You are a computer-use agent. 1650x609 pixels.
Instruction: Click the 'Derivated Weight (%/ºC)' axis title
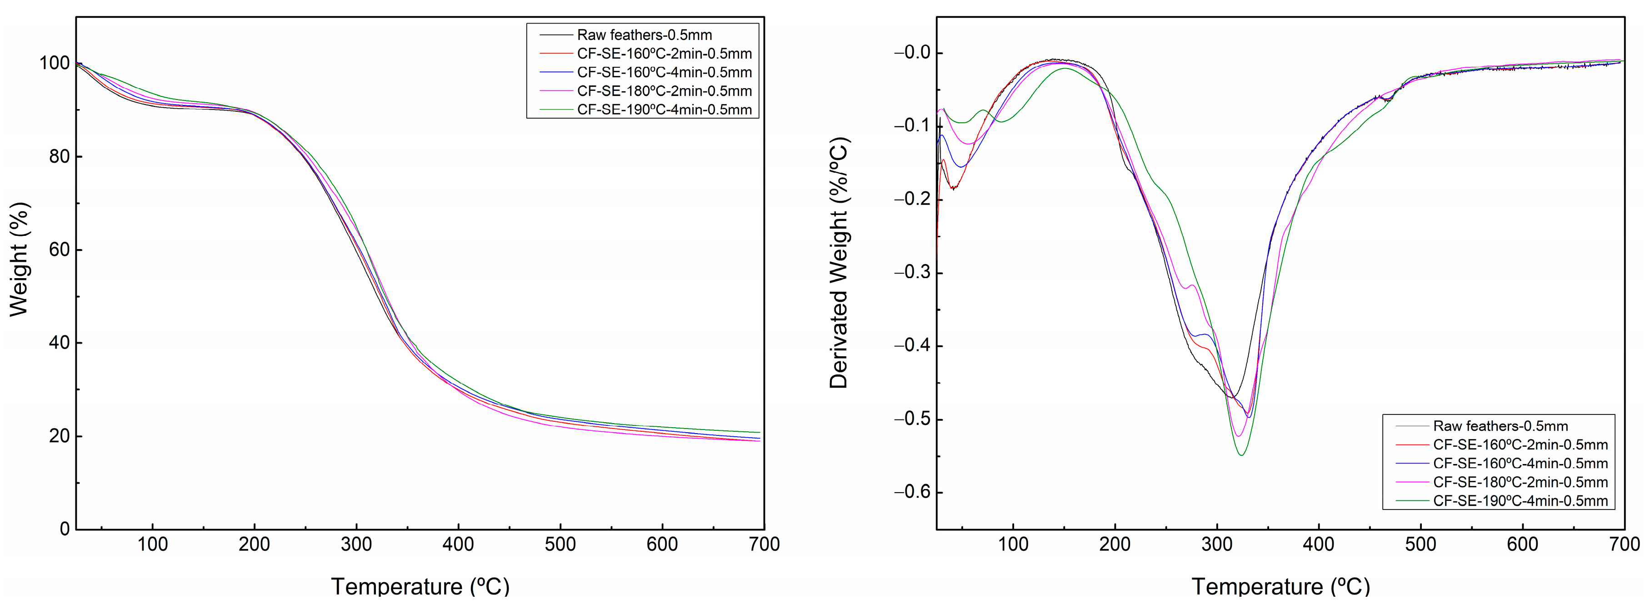[839, 263]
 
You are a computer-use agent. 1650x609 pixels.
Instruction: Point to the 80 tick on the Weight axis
[60, 156]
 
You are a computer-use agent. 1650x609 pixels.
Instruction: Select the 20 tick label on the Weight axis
[60, 436]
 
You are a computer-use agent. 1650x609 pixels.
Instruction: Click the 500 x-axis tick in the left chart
[560, 545]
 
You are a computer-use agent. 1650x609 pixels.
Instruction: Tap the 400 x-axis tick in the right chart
[1319, 545]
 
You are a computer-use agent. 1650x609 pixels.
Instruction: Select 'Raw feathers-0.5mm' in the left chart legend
[644, 35]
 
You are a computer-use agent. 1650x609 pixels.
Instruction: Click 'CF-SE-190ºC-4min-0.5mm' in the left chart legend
[664, 110]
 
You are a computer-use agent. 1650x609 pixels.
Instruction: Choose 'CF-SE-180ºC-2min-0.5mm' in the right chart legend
[1520, 482]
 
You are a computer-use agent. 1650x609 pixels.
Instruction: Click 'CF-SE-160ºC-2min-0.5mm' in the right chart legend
[1520, 445]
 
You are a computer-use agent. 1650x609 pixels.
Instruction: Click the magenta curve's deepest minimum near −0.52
[1239, 437]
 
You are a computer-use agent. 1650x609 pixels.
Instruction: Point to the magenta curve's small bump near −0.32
[1192, 285]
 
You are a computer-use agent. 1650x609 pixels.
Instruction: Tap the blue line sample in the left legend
[555, 72]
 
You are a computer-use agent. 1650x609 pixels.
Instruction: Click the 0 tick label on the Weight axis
[65, 529]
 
